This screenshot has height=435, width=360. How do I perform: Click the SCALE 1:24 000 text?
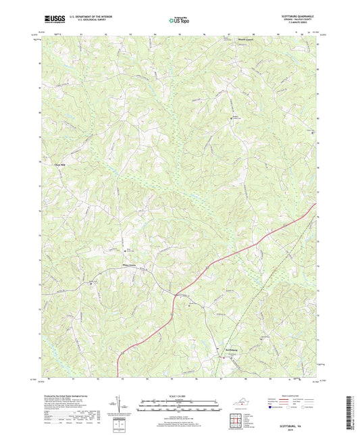[179, 396]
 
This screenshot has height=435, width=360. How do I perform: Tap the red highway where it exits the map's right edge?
[315, 206]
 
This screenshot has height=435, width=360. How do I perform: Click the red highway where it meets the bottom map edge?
[119, 376]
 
